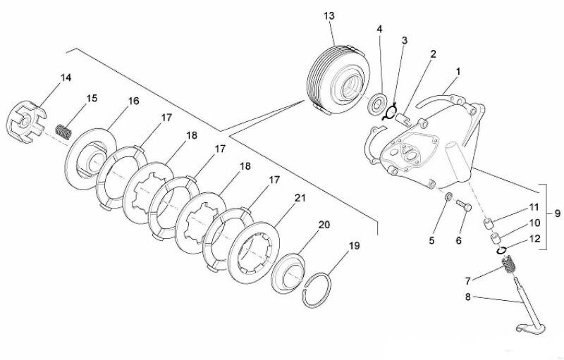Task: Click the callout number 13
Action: click(329, 15)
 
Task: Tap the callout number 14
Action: click(66, 77)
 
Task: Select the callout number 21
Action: click(300, 198)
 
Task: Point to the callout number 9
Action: click(557, 213)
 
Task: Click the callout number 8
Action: click(468, 297)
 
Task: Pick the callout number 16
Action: click(133, 101)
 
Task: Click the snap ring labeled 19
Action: click(317, 290)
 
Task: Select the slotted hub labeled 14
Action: click(27, 122)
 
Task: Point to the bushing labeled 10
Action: click(496, 238)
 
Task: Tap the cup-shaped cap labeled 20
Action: click(288, 273)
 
